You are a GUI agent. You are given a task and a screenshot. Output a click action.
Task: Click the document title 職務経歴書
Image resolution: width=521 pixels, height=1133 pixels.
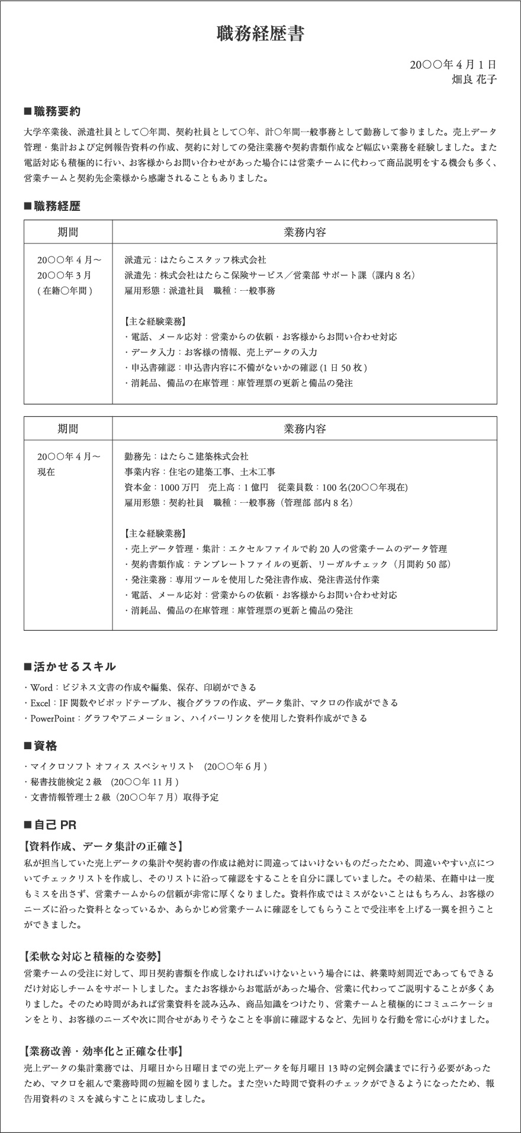(x=260, y=34)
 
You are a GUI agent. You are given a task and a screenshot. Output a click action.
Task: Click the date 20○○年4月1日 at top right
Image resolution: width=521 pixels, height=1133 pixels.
(x=453, y=65)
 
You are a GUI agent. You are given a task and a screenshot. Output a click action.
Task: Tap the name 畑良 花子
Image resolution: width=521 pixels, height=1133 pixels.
(x=474, y=79)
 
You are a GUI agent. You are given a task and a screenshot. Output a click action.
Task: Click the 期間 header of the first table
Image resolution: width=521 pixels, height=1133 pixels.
(x=67, y=232)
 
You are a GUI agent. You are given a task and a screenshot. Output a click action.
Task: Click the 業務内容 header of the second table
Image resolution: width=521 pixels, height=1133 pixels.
(x=304, y=429)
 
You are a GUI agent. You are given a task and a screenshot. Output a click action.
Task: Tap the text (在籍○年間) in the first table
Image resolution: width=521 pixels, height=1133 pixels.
(x=65, y=291)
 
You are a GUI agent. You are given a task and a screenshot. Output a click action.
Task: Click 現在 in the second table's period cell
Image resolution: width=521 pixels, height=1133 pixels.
(x=46, y=472)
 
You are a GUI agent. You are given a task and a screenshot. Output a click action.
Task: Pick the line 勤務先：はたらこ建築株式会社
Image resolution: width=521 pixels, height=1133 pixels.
(x=186, y=457)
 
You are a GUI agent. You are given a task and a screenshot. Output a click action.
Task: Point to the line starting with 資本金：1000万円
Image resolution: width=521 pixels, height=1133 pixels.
(x=266, y=487)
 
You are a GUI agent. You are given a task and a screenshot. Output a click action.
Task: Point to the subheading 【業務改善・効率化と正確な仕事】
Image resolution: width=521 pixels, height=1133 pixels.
(x=103, y=1051)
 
